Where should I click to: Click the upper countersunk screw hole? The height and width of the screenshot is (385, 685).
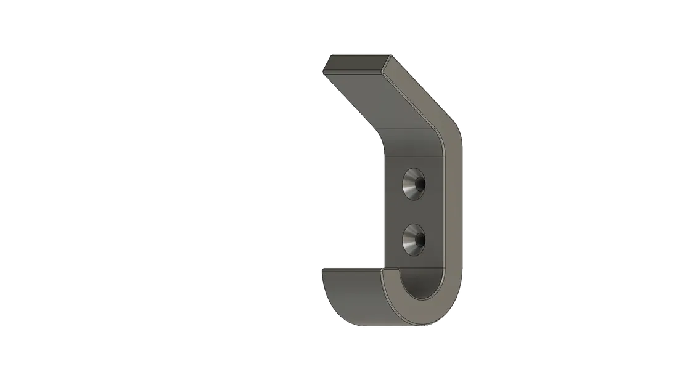pyautogui.click(x=414, y=184)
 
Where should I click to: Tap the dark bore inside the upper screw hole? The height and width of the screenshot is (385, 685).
pyautogui.click(x=419, y=184)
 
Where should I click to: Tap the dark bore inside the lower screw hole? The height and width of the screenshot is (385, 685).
pyautogui.click(x=419, y=239)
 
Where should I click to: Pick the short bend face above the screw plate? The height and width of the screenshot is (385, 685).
pyautogui.click(x=414, y=144)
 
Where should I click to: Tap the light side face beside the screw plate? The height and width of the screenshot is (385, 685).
pyautogui.click(x=453, y=209)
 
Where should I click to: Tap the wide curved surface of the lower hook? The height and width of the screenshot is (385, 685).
pyautogui.click(x=351, y=296)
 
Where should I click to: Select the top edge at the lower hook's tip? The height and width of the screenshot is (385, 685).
pyautogui.click(x=351, y=268)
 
